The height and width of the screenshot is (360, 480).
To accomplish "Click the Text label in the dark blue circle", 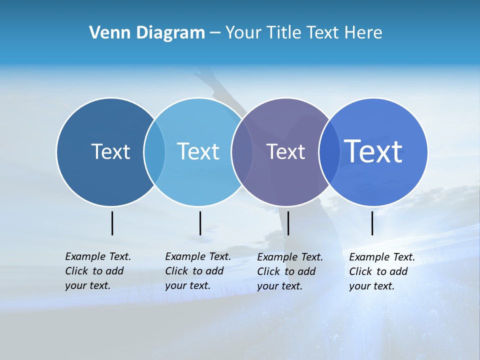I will point(110,151).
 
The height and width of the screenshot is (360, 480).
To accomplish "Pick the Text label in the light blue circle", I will point(198,151).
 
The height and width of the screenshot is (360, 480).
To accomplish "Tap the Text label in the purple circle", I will point(285,151).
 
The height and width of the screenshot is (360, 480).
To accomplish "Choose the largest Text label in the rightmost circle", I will point(373,151).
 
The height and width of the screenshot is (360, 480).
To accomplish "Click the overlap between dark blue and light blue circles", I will point(154,151).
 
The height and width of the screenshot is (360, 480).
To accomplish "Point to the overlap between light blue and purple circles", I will point(242,151).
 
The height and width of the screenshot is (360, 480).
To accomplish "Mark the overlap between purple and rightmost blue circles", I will point(328,151).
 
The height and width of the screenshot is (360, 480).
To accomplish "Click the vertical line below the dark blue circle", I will point(112,223).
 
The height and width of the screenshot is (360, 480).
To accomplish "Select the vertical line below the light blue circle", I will point(200,223).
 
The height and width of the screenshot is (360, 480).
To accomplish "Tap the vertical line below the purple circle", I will point(288,223).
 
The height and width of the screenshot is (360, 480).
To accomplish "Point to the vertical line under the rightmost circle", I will point(372,223).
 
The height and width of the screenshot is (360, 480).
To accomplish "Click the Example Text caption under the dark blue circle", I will point(97,271).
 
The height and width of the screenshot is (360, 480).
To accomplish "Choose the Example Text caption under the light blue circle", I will point(197,271).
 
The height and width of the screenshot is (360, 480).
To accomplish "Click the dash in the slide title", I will point(215,33).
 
